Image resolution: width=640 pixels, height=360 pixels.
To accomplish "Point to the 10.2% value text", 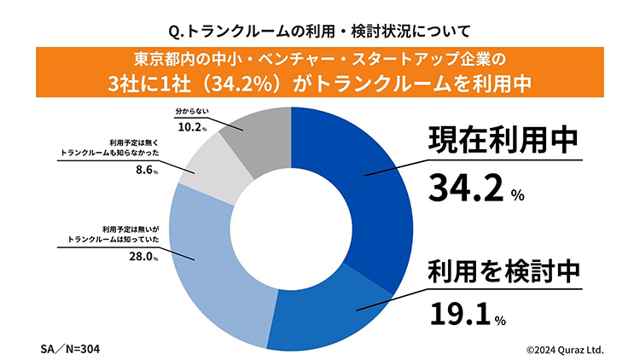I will pyautogui.click(x=193, y=128).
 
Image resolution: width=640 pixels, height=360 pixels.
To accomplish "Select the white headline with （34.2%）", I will pyautogui.click(x=320, y=84).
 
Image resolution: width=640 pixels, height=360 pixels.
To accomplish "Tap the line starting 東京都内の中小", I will pyautogui.click(x=320, y=61).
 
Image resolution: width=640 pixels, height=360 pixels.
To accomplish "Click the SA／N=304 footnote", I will pyautogui.click(x=74, y=349).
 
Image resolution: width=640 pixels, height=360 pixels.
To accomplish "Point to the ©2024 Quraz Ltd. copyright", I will pyautogui.click(x=564, y=349).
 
